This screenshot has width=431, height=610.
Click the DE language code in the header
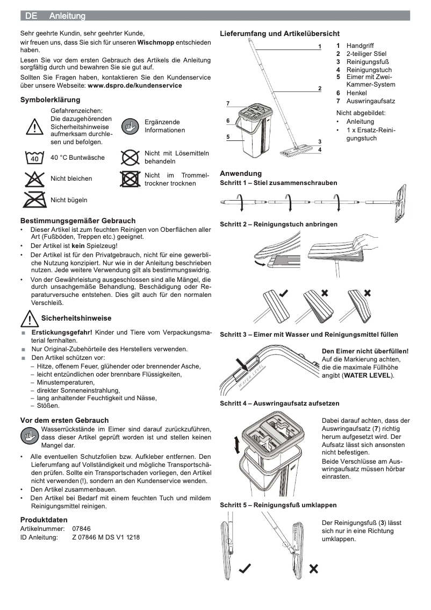point(31,17)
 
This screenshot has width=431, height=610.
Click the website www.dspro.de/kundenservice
point(134,85)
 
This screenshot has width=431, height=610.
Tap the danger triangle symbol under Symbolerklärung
point(34,126)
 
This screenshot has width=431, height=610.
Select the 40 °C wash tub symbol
point(34,158)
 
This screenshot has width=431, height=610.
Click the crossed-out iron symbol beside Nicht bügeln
point(34,200)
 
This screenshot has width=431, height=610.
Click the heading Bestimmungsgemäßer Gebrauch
point(78,221)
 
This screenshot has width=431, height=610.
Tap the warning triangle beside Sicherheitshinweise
point(28,319)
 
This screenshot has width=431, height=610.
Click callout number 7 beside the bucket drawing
point(228,103)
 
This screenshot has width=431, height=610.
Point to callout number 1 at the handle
point(319,47)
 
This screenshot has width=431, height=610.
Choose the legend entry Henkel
point(356,93)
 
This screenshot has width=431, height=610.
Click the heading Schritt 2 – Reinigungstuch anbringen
point(278,224)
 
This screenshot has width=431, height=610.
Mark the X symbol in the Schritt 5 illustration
point(314,569)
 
